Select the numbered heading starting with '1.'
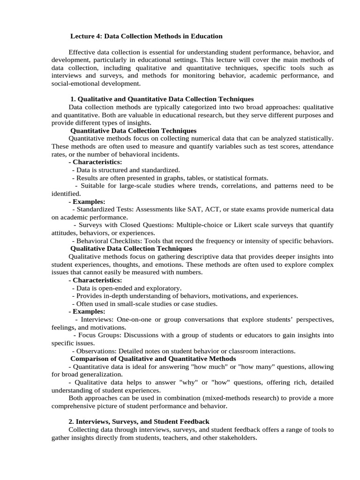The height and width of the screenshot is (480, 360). pos(162,99)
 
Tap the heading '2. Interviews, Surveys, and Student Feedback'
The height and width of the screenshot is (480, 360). pos(139,422)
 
